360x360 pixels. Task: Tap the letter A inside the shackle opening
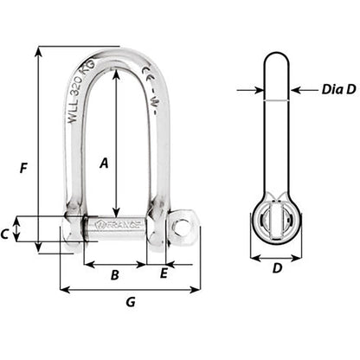103,162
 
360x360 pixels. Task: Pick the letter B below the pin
115,276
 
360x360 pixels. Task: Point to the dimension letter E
163,274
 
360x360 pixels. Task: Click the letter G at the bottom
130,302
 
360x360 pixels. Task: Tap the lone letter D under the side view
276,269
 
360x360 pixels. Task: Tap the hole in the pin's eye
183,226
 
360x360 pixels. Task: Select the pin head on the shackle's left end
71,229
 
